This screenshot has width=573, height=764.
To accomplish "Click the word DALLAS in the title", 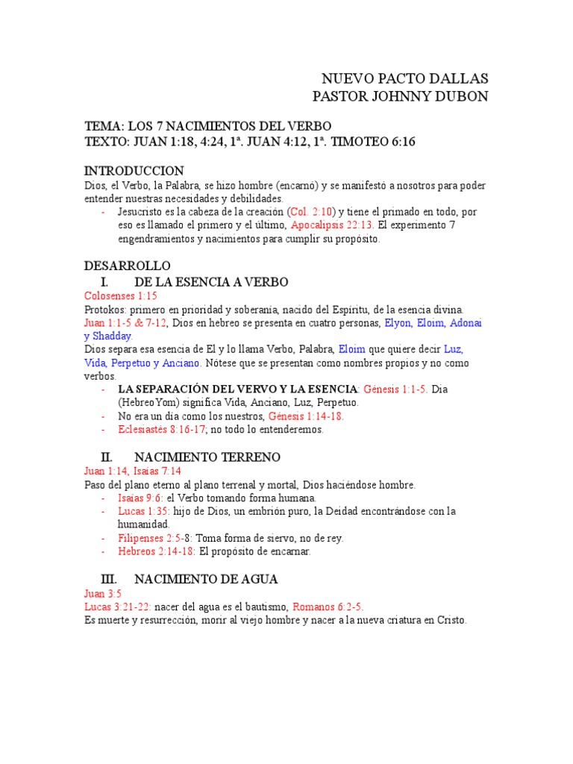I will click(458, 79).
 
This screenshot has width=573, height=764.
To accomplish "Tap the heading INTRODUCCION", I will click(134, 171).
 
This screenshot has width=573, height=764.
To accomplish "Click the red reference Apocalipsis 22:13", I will click(332, 225).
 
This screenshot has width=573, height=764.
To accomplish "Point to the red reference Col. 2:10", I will click(312, 212).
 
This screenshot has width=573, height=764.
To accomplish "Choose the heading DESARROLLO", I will click(128, 266).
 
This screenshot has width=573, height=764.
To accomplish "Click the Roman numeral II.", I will click(106, 457).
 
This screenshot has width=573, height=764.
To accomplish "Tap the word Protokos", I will click(105, 309).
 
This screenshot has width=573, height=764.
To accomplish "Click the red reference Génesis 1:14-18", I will click(305, 416).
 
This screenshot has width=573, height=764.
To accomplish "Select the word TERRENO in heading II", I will click(246, 457).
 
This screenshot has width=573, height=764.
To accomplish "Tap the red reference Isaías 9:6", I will click(140, 498).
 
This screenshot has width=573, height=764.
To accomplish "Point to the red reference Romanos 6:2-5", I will click(327, 607).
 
